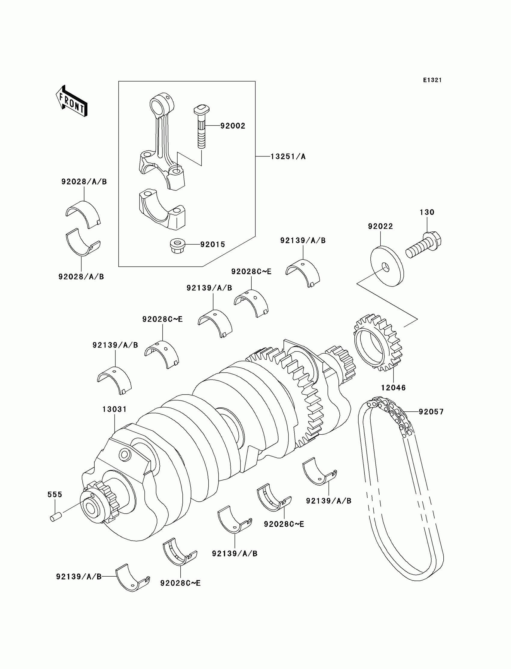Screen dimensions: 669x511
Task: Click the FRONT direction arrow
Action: pos(72,102)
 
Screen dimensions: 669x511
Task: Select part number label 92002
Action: pos(233,126)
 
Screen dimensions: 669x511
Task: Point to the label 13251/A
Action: pos(288,156)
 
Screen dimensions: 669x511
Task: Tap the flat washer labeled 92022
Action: pos(387,266)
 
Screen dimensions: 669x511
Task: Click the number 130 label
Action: pos(427,212)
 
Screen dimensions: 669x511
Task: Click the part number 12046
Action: pos(393,388)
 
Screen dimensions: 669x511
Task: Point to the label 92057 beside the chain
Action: pos(431,412)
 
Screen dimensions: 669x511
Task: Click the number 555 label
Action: pos(55,494)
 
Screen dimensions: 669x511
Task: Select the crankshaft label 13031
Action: pos(114,409)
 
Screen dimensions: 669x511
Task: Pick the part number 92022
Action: pos(380,226)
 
